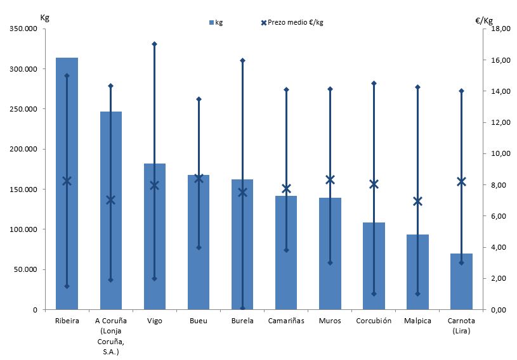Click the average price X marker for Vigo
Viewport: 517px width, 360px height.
coord(154,185)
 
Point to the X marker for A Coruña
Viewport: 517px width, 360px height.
coord(110,200)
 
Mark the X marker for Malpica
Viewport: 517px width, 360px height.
coord(417,202)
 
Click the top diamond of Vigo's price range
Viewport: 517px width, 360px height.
coord(154,44)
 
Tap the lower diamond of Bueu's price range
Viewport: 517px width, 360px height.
coord(198,247)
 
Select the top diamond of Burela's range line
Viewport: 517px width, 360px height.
coord(242,60)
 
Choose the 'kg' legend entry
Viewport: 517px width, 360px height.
coord(216,22)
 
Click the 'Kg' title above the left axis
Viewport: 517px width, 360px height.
coord(44,17)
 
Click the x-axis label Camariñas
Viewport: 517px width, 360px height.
coord(286,321)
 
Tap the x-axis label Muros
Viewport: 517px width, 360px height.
coord(330,321)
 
